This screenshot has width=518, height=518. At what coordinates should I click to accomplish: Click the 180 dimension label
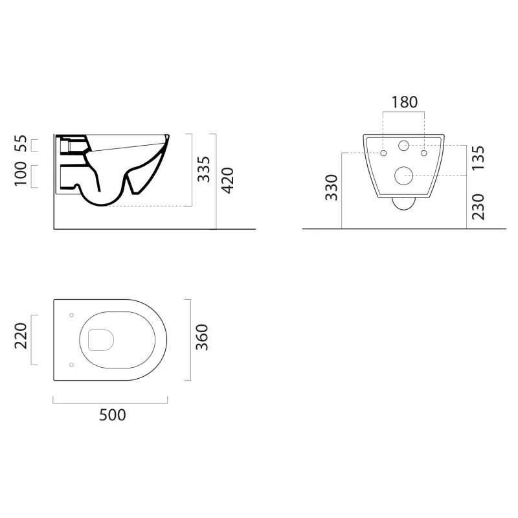(x=404, y=102)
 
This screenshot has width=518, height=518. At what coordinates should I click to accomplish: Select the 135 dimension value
(x=478, y=158)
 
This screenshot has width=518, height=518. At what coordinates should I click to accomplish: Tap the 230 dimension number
(x=478, y=207)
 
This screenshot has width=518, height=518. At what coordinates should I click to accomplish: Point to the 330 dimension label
(x=332, y=188)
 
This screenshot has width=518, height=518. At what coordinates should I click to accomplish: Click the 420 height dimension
(x=228, y=181)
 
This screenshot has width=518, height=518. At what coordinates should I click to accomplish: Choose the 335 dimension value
(x=204, y=169)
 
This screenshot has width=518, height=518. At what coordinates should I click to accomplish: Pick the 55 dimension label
(x=21, y=143)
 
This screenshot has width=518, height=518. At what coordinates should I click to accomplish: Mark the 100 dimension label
(x=21, y=174)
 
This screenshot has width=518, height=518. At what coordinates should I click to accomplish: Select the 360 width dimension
(x=202, y=337)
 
